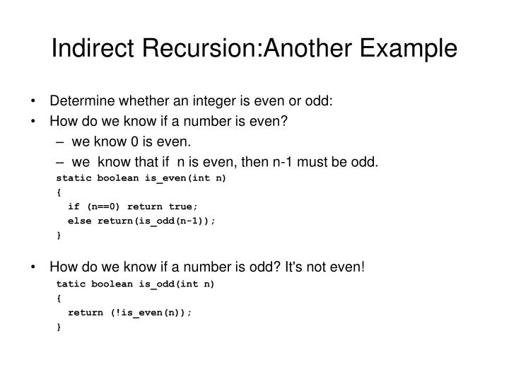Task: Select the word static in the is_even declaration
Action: [x=73, y=178]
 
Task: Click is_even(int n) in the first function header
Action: [x=186, y=178]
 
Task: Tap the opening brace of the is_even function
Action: [x=58, y=192]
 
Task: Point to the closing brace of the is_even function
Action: [x=58, y=235]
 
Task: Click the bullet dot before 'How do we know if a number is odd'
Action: [x=35, y=267]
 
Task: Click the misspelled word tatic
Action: [x=71, y=284]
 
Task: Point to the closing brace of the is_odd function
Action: [x=58, y=326]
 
